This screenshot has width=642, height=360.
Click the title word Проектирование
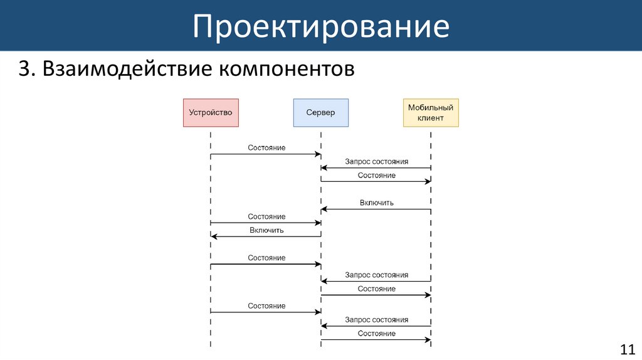[320, 27]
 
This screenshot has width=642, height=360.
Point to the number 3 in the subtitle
[24, 68]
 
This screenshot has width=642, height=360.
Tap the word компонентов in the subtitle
[286, 68]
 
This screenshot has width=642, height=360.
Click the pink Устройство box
[211, 113]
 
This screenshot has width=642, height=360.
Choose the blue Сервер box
[320, 113]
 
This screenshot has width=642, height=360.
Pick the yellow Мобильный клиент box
[430, 113]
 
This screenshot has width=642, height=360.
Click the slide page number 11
[627, 349]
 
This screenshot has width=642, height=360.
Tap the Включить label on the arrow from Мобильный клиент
[376, 203]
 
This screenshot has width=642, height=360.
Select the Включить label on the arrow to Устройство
[266, 230]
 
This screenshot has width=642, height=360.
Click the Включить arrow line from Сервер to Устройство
[266, 236]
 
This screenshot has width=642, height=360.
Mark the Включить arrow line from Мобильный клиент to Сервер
[376, 209]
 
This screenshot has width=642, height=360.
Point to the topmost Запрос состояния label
[376, 161]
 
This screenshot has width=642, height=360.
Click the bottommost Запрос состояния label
[376, 320]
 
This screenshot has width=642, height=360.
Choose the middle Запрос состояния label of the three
[376, 275]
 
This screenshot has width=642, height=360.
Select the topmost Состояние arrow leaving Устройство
[266, 154]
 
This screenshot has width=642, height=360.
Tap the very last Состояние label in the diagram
[376, 334]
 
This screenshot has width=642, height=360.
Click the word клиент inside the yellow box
[430, 118]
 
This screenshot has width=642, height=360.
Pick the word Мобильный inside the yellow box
[430, 108]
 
